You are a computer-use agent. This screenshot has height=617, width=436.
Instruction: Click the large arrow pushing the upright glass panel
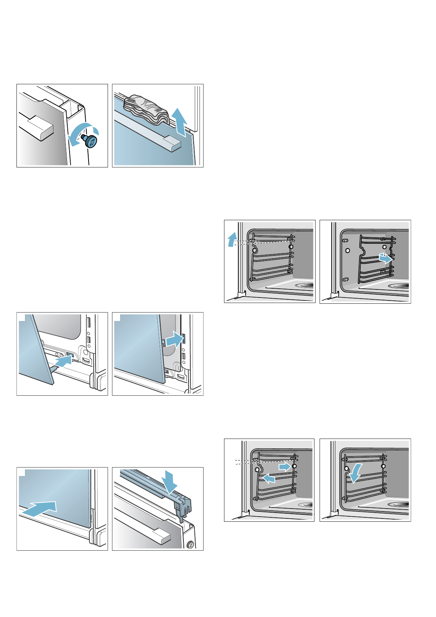pyautogui.click(x=40, y=508)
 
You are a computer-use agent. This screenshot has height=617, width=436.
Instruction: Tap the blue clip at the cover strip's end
pyautogui.click(x=183, y=506)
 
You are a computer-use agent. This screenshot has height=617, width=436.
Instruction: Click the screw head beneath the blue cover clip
pyautogui.click(x=190, y=544)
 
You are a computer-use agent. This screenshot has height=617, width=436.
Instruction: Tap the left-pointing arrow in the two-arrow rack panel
pyautogui.click(x=269, y=478)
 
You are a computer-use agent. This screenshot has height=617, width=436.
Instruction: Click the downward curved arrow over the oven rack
pyautogui.click(x=355, y=473)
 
